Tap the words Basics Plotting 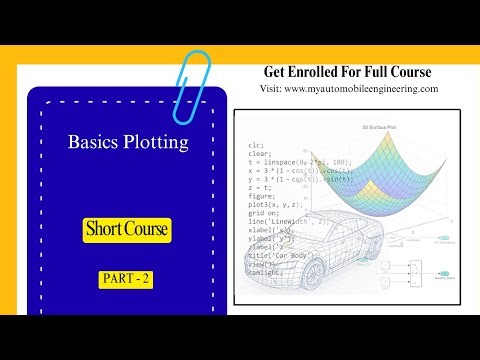pos(128,143)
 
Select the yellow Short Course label pos(127,230)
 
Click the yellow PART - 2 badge pos(126,280)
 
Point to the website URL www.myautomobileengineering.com pos(361,88)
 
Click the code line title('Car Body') pos(284,256)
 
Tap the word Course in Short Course pos(148,230)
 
